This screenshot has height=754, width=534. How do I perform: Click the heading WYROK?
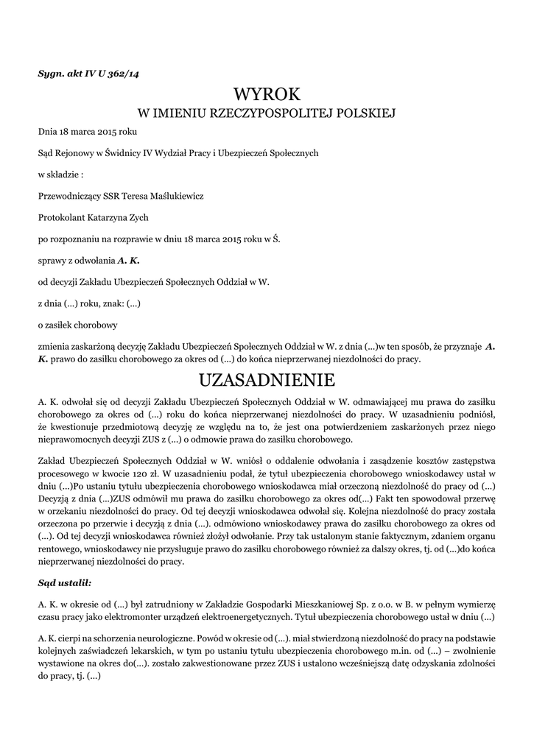point(267,94)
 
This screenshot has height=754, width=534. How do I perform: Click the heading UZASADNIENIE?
point(267,380)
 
